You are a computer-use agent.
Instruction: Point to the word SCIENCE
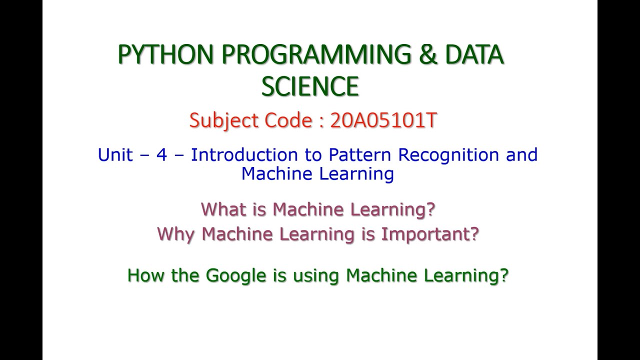[x=310, y=86]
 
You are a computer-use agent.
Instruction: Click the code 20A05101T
[x=383, y=121]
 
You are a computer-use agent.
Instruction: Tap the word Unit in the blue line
[x=115, y=155]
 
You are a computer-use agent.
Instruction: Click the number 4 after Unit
[x=161, y=155]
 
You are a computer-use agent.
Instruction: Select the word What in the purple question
[x=223, y=209]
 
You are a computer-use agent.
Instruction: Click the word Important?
[x=430, y=234]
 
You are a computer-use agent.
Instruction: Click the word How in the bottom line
[x=146, y=275]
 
